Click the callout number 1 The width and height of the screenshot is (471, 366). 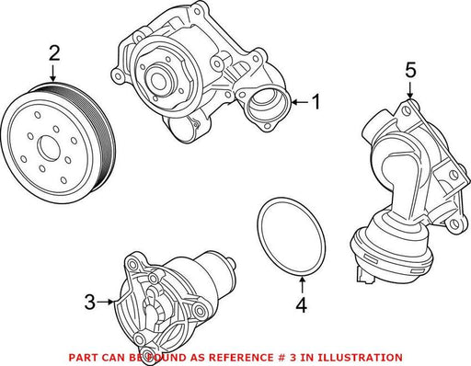click(x=316, y=102)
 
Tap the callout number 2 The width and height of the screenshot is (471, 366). click(x=54, y=53)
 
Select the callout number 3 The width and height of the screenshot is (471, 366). click(x=90, y=302)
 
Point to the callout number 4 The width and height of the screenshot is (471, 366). click(x=302, y=304)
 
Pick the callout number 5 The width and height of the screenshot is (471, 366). click(x=410, y=70)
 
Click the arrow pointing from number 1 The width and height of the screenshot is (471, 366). click(x=300, y=102)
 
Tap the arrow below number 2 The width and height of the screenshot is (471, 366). click(x=53, y=73)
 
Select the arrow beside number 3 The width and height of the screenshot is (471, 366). click(x=105, y=302)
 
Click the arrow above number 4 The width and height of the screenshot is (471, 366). click(x=302, y=285)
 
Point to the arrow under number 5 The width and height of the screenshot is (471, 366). click(x=410, y=89)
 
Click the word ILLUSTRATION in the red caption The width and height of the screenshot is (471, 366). click(x=360, y=358)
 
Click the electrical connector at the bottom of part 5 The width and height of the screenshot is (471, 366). click(x=365, y=274)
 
